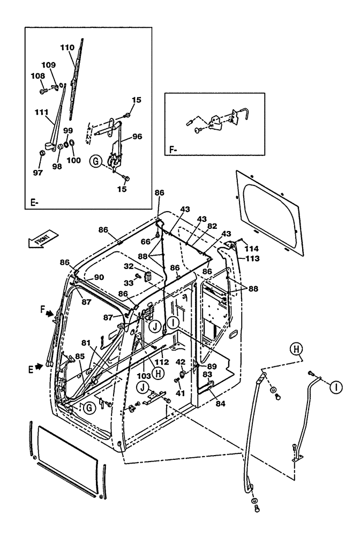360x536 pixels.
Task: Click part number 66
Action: (x=145, y=242)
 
